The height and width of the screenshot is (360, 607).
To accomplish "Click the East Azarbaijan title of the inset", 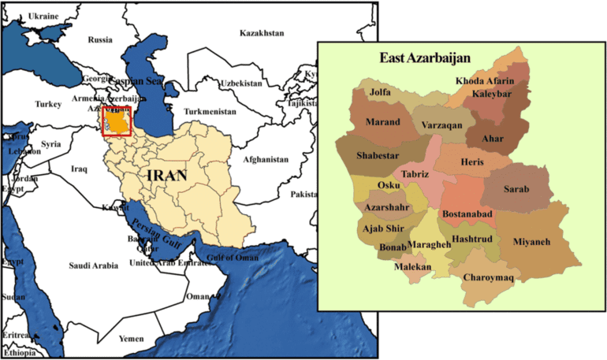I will [425, 58].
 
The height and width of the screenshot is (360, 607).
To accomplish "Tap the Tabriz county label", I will [415, 173].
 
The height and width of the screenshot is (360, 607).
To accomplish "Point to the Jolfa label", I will [381, 92].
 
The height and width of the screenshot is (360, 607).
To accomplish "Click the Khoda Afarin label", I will [485, 81].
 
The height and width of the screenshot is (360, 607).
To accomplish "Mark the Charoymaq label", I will [489, 276].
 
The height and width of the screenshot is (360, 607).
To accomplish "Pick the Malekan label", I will [412, 267].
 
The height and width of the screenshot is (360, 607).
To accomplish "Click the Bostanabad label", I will [467, 213].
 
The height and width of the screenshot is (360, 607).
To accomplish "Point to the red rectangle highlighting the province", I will [117, 121].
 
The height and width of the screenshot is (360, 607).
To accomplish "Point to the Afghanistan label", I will [266, 159].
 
